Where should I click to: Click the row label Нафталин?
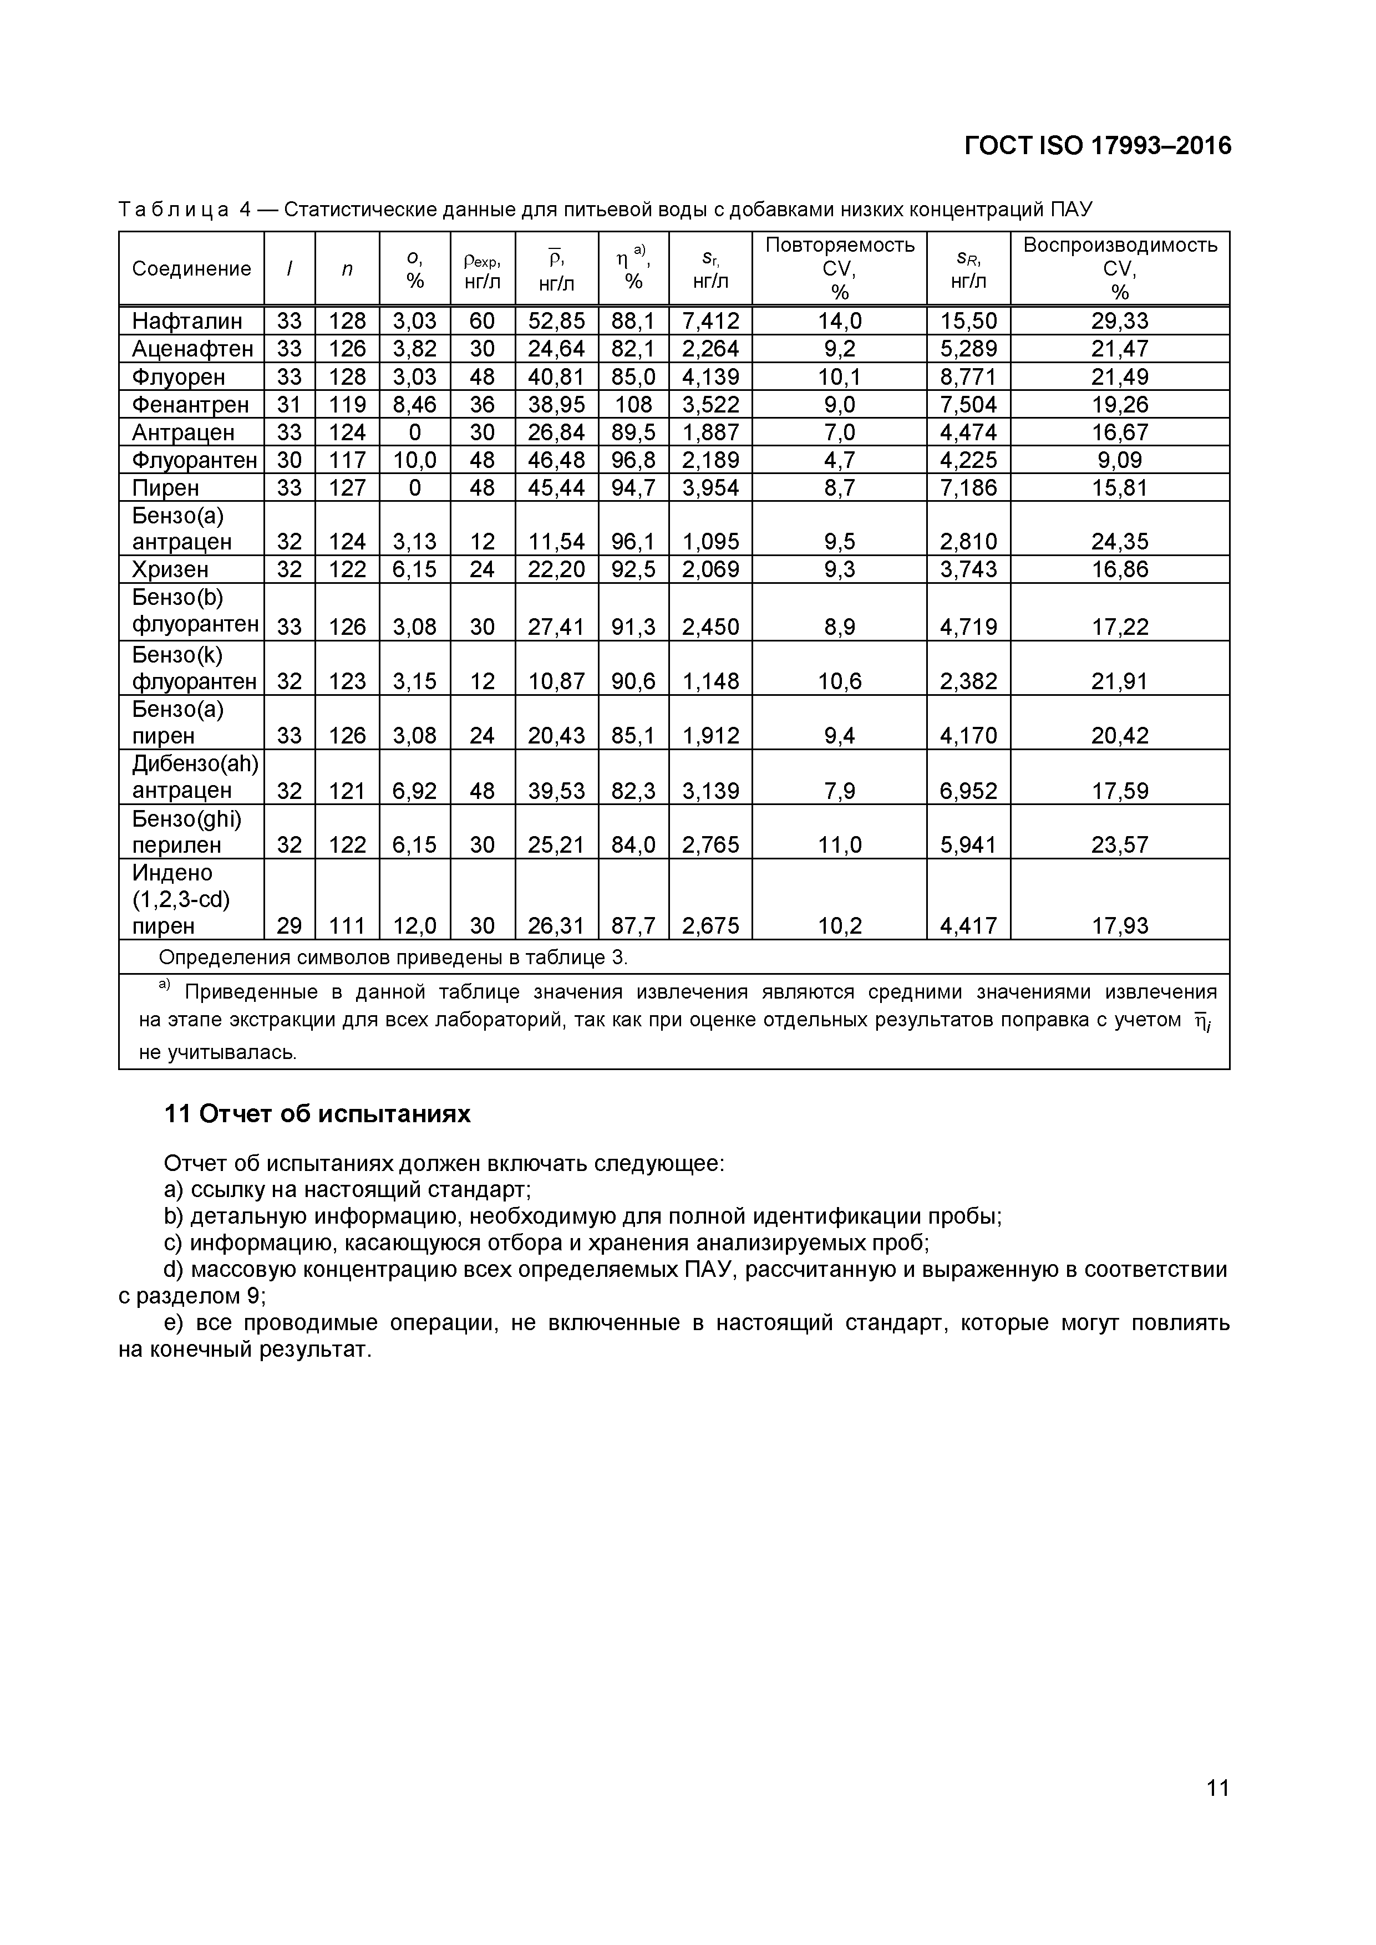click(x=187, y=321)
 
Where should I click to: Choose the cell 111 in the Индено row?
click(x=347, y=926)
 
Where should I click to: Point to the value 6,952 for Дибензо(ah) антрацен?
click(x=968, y=791)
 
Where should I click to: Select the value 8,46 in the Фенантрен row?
click(x=414, y=404)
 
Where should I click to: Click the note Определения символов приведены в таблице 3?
click(x=393, y=958)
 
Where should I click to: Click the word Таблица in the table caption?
click(x=174, y=209)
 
